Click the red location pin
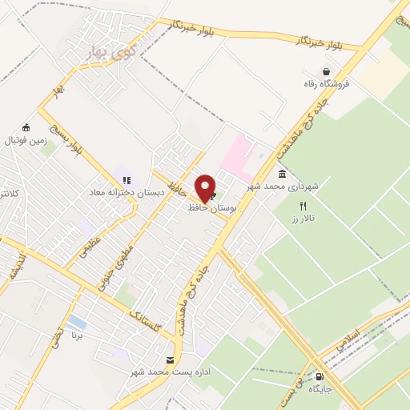tap(205, 187)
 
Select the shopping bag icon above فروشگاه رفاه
tap(326, 71)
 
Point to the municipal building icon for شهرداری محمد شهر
tap(282, 174)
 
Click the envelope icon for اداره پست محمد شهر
tap(169, 361)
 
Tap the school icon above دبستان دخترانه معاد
tap(127, 180)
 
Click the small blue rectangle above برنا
tap(78, 323)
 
